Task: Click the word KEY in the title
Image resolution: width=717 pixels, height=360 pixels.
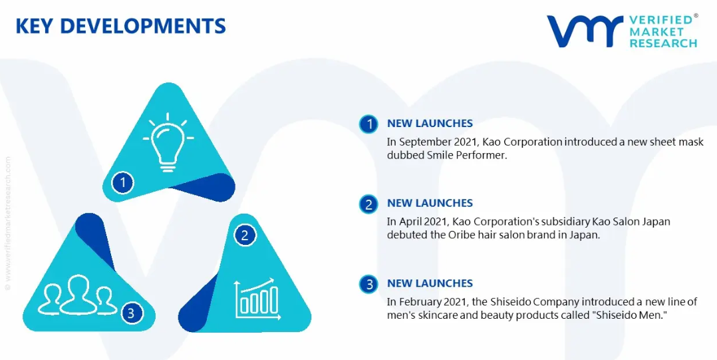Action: click(35, 26)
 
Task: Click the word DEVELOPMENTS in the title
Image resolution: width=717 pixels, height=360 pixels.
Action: click(142, 26)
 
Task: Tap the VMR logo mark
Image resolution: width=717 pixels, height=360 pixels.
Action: click(585, 31)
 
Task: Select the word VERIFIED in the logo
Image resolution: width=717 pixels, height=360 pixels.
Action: click(660, 20)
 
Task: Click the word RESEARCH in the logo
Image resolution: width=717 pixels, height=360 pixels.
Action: click(663, 43)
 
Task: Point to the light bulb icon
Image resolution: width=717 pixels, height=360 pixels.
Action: click(168, 142)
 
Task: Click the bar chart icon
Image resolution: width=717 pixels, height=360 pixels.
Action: click(257, 299)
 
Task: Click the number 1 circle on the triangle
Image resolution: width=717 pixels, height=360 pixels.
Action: click(122, 183)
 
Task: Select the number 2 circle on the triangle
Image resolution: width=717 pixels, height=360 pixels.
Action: click(245, 236)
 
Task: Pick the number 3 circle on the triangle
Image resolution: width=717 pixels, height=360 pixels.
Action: click(131, 313)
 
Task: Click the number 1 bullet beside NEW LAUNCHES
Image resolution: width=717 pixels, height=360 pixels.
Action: click(368, 124)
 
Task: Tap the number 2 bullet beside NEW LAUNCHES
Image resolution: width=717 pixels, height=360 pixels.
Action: click(368, 204)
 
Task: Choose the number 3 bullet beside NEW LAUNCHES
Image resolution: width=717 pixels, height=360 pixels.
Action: click(368, 284)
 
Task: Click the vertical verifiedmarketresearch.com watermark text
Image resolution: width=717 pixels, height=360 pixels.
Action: click(8, 223)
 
